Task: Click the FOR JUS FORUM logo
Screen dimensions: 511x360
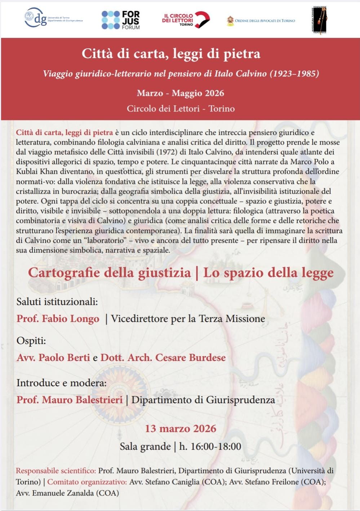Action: pyautogui.click(x=121, y=19)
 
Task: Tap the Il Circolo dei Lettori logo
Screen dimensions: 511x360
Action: pyautogui.click(x=186, y=20)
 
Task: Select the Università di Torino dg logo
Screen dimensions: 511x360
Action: pyautogui.click(x=53, y=18)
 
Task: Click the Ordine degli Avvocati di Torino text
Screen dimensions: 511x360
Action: pyautogui.click(x=265, y=21)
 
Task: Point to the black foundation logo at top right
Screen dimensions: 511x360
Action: pyautogui.click(x=319, y=21)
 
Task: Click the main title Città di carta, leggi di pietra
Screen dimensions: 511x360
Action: pyautogui.click(x=171, y=54)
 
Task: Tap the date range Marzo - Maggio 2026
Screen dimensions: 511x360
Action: pyautogui.click(x=180, y=93)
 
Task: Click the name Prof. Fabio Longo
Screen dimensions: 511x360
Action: pyautogui.click(x=58, y=319)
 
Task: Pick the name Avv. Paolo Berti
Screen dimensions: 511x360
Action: pyautogui.click(x=53, y=357)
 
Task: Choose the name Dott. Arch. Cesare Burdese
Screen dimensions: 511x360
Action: pyautogui.click(x=163, y=357)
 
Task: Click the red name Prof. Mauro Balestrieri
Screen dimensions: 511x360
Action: pyautogui.click(x=70, y=400)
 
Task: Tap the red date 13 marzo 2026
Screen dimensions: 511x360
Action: pyautogui.click(x=181, y=428)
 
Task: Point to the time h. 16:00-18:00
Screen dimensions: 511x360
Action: pyautogui.click(x=210, y=446)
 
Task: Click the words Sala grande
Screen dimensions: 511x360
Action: pyautogui.click(x=145, y=446)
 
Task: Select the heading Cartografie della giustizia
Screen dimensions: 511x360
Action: pyautogui.click(x=109, y=273)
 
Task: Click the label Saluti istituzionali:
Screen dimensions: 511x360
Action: pyautogui.click(x=57, y=301)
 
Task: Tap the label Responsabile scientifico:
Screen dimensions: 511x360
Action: pyautogui.click(x=56, y=471)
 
